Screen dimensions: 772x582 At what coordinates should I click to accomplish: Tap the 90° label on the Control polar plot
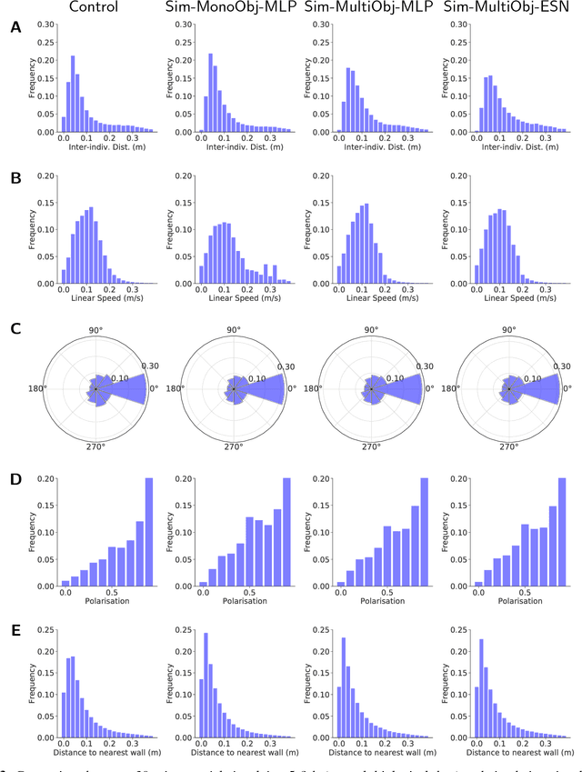coord(95,329)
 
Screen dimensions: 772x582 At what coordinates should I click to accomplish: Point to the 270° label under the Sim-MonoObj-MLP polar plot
coord(234,447)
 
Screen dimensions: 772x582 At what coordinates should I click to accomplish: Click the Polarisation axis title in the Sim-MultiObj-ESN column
coord(510,602)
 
